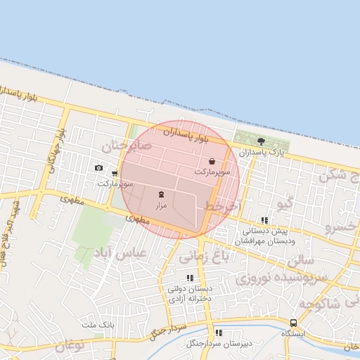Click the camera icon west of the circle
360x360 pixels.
pyautogui.click(x=98, y=167)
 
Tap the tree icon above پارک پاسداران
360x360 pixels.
pyautogui.click(x=261, y=141)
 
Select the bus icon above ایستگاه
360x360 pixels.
pyautogui.click(x=292, y=323)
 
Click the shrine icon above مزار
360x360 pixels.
pyautogui.click(x=161, y=193)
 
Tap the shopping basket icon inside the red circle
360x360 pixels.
pyautogui.click(x=212, y=162)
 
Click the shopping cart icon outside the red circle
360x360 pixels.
pyautogui.click(x=115, y=173)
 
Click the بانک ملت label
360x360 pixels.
pyautogui.click(x=98, y=324)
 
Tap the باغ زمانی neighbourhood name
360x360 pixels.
pyautogui.click(x=205, y=257)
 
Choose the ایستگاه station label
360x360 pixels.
pyautogui.click(x=293, y=333)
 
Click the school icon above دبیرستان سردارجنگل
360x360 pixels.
pyautogui.click(x=219, y=333)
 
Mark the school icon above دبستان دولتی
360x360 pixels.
pyautogui.click(x=190, y=278)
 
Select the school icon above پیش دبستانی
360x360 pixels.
pyautogui.click(x=264, y=220)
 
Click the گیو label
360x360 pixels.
pyautogui.click(x=284, y=204)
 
